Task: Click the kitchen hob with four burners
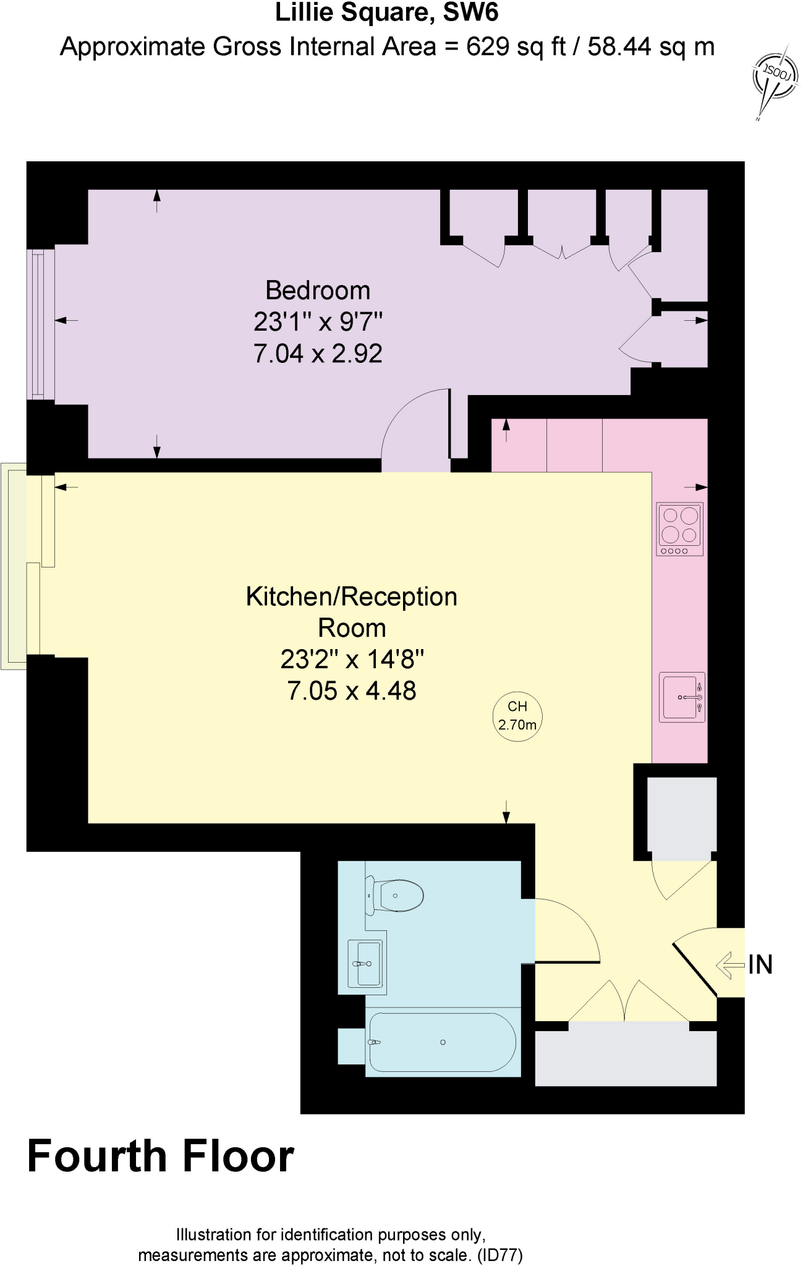(x=679, y=529)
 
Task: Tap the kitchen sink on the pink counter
(x=681, y=697)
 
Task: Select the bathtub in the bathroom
(x=442, y=1042)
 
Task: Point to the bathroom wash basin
(x=366, y=963)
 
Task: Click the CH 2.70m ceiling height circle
(x=517, y=716)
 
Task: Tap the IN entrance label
(x=760, y=965)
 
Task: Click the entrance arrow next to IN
(x=730, y=965)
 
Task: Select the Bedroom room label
(x=318, y=291)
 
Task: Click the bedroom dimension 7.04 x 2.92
(x=318, y=354)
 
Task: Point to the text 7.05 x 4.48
(x=351, y=690)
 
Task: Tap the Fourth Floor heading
(x=161, y=1157)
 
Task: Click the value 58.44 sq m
(x=650, y=47)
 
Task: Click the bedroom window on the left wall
(x=40, y=325)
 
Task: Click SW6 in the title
(x=470, y=12)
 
